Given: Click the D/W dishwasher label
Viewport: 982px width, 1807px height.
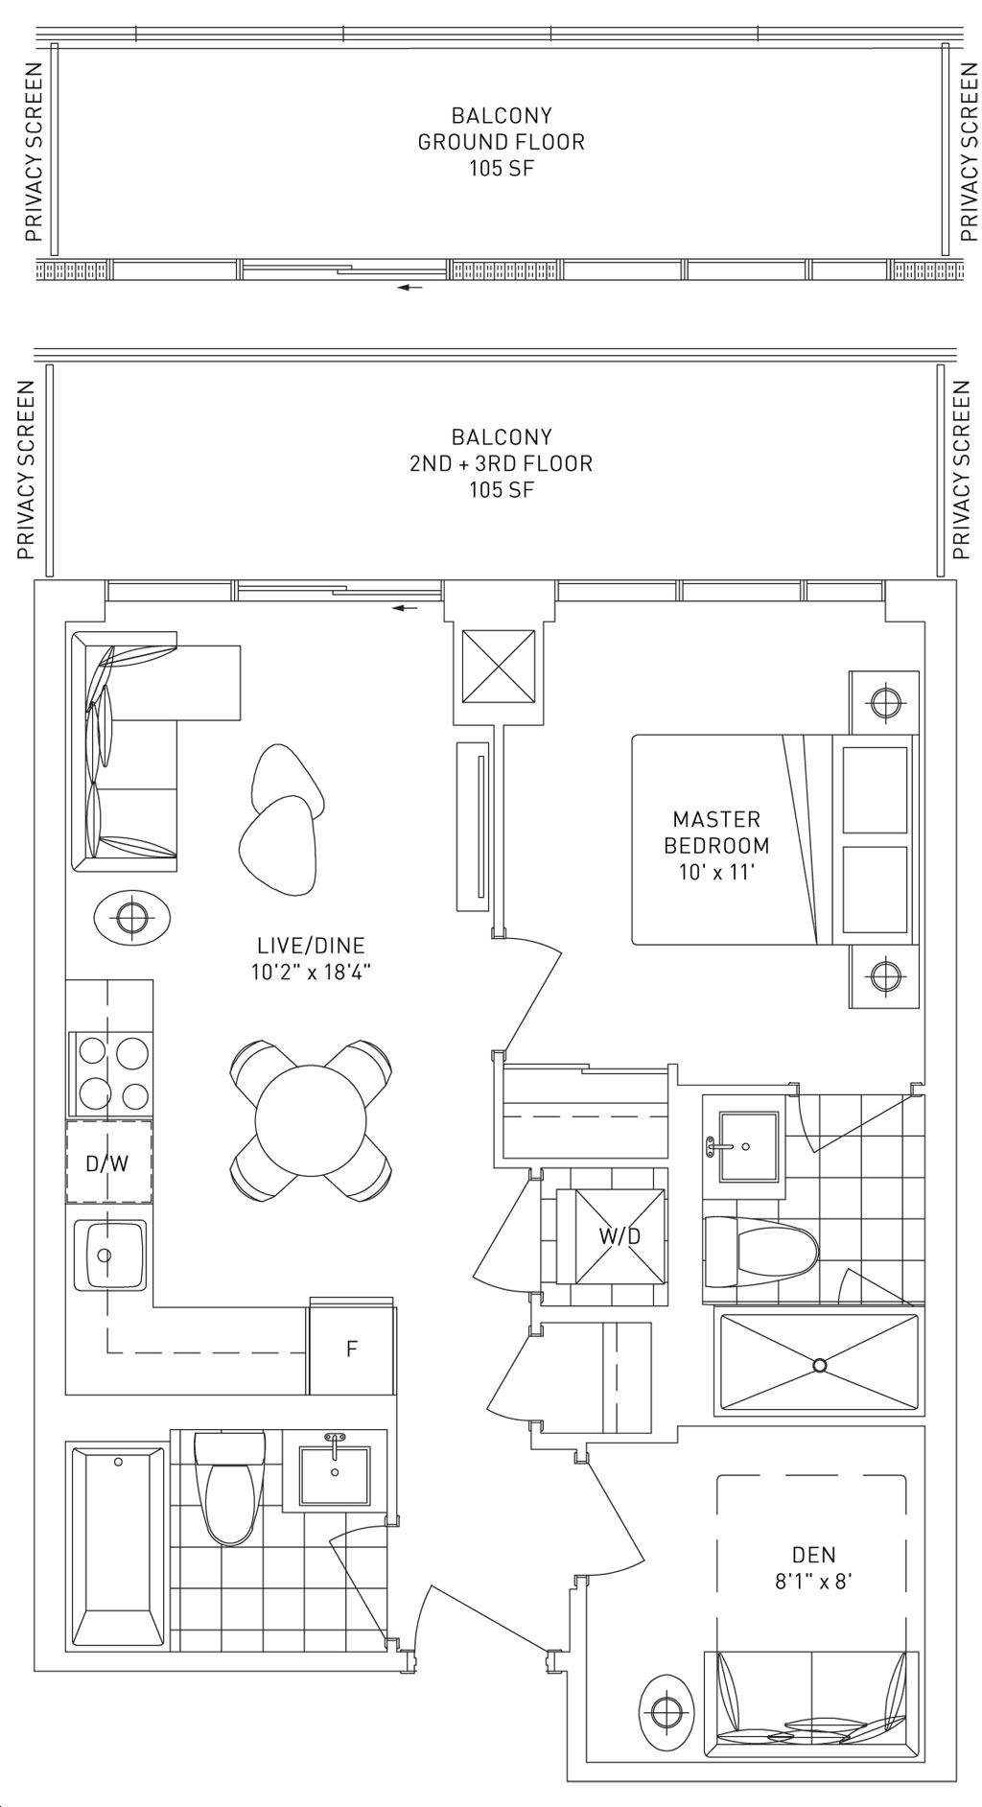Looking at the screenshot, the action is point(106,1164).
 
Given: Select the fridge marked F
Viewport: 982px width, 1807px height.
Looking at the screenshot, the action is point(351,1349).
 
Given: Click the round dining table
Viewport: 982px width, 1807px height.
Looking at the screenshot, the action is point(311,1119).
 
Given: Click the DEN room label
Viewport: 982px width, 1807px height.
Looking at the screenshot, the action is point(813,1555).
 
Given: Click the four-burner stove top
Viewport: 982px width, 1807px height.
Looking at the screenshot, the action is point(110,1073).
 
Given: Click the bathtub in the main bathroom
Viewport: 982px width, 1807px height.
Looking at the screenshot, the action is point(116,1548).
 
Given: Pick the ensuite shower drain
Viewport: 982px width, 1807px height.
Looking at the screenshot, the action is point(819,1365).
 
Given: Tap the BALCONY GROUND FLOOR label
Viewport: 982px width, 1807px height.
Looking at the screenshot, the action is point(502,129).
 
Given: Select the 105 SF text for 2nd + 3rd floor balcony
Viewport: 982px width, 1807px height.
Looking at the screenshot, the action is point(502,490).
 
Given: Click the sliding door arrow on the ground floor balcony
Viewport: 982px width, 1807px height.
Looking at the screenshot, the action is point(410,287).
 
